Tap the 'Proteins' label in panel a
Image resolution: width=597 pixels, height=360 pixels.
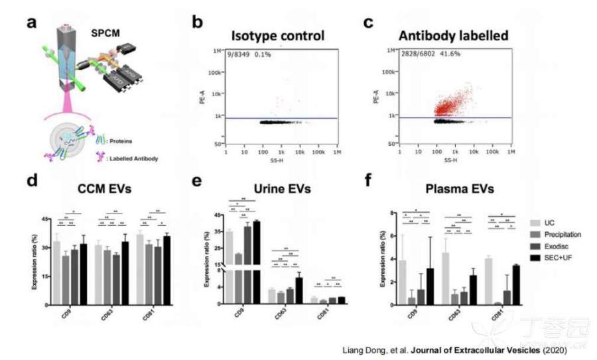tap(124, 140)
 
